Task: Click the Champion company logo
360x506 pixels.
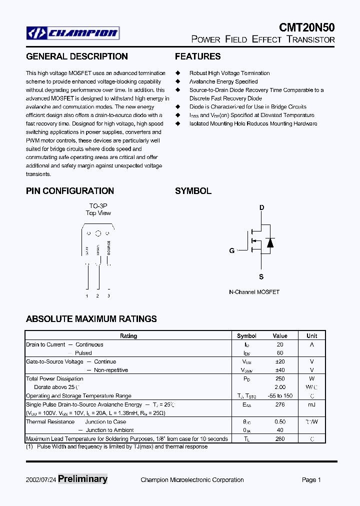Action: coord(73,33)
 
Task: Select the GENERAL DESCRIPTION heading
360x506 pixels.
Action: coord(76,56)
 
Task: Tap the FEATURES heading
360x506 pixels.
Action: coord(197,56)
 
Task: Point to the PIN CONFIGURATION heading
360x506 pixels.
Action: coord(69,190)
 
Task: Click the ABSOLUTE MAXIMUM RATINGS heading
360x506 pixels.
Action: coord(91,318)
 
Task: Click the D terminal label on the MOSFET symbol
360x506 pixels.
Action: coord(261,207)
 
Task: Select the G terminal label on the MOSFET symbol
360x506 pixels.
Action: coord(232,250)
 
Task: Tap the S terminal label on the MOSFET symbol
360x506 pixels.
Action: coord(261,276)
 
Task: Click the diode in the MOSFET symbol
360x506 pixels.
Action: coord(270,242)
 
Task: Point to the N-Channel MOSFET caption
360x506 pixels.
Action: coord(254,292)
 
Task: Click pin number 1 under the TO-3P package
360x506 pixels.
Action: coord(87,296)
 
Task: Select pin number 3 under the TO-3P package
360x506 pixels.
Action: coord(108,296)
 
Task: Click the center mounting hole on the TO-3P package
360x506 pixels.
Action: coord(98,233)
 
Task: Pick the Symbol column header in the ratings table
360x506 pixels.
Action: coord(246,336)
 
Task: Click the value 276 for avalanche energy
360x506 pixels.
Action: coord(280,404)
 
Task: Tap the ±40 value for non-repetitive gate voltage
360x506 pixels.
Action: coord(280,370)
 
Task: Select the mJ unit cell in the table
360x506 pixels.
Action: coord(312,404)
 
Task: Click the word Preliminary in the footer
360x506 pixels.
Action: coord(82,479)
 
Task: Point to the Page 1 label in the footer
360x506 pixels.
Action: coord(311,480)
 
